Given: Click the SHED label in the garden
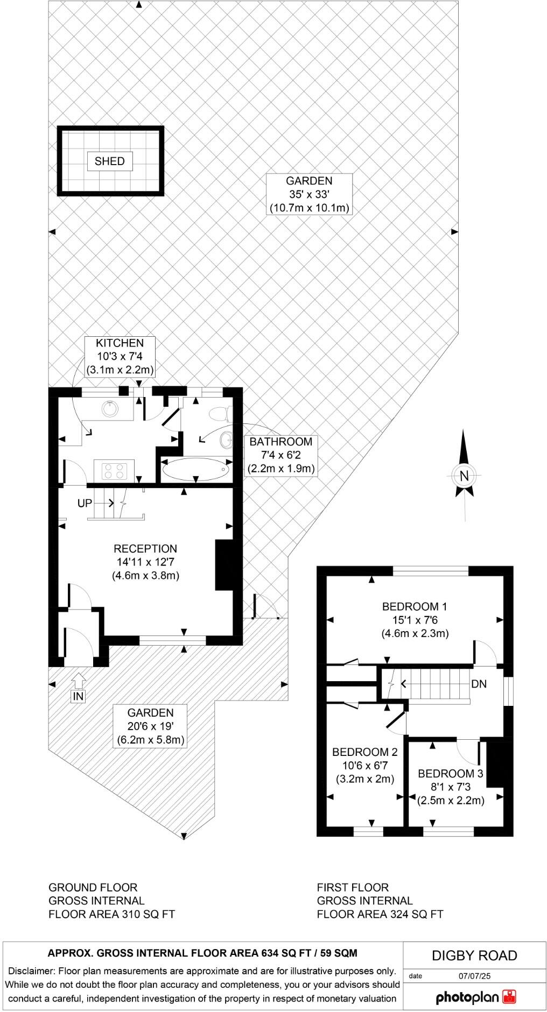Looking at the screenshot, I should (109, 161).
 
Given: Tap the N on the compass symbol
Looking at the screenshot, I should (464, 476).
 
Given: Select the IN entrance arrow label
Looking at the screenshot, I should (79, 696).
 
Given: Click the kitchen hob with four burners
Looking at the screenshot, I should (114, 471).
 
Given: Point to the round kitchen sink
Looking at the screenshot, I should (110, 409).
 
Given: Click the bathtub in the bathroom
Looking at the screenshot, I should (195, 470).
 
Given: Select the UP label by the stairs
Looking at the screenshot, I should (85, 503).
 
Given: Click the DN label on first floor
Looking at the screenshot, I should (479, 684).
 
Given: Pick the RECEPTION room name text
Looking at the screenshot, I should (145, 548).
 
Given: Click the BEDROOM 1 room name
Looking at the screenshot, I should (415, 606).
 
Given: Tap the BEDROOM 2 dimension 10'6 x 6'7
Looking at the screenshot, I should (365, 765).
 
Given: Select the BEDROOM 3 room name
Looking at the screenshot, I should (451, 773).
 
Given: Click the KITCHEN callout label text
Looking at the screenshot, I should (120, 343).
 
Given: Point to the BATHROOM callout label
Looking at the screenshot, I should (280, 441).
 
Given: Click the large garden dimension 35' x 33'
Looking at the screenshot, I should (309, 194).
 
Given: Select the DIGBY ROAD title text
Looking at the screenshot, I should (474, 956).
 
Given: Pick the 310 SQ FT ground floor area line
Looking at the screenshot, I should (111, 914).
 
